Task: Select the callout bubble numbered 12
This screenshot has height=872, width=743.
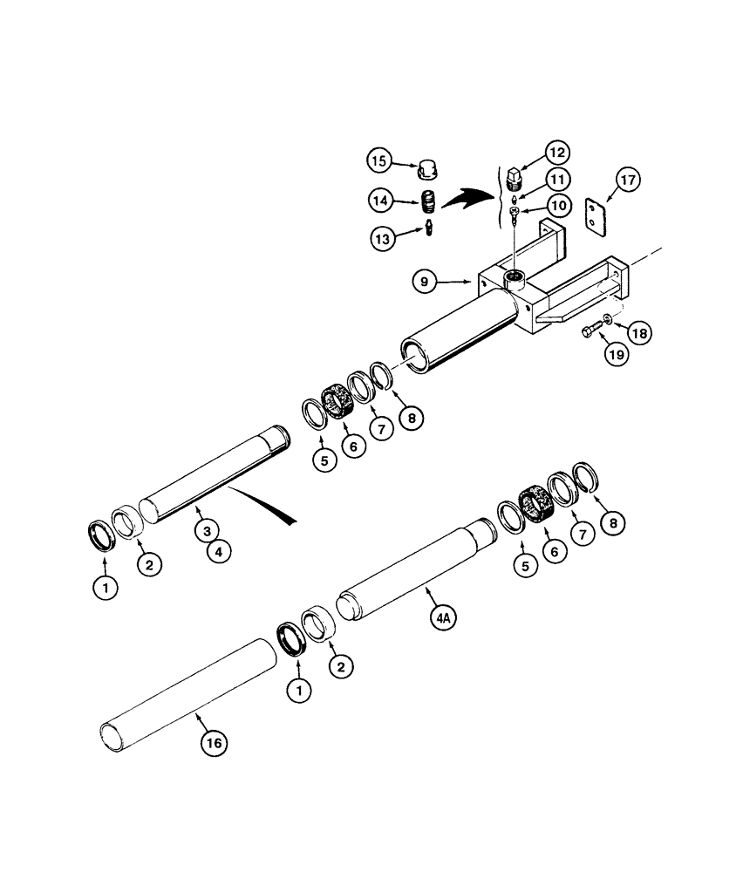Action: pyautogui.click(x=558, y=152)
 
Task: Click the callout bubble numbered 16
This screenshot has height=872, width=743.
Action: pyautogui.click(x=214, y=742)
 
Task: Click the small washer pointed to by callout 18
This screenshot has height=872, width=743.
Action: pyautogui.click(x=606, y=317)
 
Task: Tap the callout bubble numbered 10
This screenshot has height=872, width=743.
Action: pyautogui.click(x=558, y=206)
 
